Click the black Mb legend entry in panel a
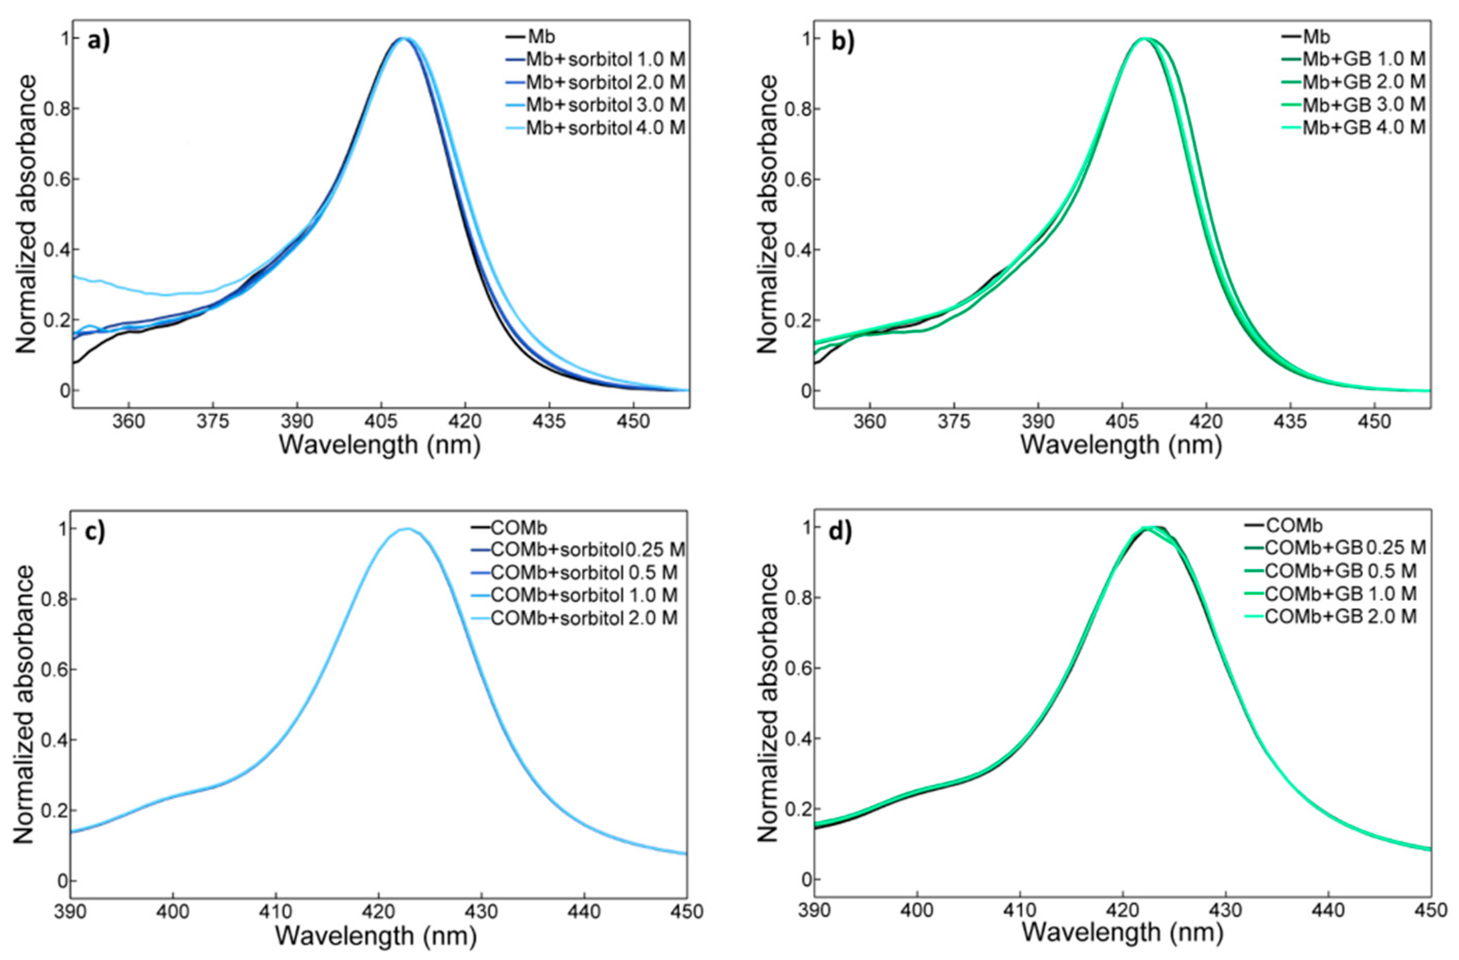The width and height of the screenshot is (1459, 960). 540,37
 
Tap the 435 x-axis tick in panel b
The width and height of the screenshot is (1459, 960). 1290,423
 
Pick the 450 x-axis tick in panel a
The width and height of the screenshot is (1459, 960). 633,423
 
